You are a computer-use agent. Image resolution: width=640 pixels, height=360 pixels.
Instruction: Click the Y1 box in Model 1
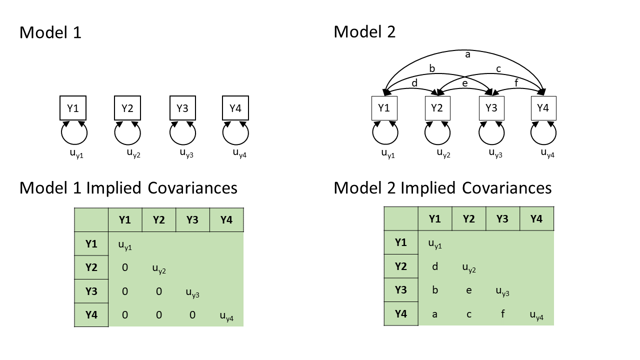pos(73,108)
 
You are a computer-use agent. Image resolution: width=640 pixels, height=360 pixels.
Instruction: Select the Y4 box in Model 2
pos(543,108)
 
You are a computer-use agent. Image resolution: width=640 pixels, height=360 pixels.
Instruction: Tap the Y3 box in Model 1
pos(182,108)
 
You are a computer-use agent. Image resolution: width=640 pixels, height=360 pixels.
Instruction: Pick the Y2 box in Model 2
pos(437,108)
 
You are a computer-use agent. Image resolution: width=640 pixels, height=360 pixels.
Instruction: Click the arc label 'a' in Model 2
pos(467,54)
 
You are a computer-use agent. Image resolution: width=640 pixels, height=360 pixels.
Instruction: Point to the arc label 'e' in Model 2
pos(464,83)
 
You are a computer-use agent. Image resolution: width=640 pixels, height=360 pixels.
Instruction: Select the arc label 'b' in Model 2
pos(432,68)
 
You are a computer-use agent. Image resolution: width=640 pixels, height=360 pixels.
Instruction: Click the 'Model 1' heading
pos(50,32)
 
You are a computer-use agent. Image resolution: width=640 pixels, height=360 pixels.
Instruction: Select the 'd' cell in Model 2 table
pos(435,266)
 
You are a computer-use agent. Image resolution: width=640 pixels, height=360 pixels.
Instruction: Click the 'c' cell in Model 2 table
pos(469,313)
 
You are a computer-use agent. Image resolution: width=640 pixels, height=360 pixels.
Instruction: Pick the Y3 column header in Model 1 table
pos(192,219)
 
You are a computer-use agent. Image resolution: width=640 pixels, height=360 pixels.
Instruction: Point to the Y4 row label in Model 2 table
pos(400,313)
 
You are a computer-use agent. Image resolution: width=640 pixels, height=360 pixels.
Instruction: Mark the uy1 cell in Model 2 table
pos(435,244)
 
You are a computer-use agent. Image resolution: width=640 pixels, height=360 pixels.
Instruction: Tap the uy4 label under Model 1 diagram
pos(239,153)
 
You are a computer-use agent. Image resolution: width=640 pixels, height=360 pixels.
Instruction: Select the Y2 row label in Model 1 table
pos(91,267)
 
